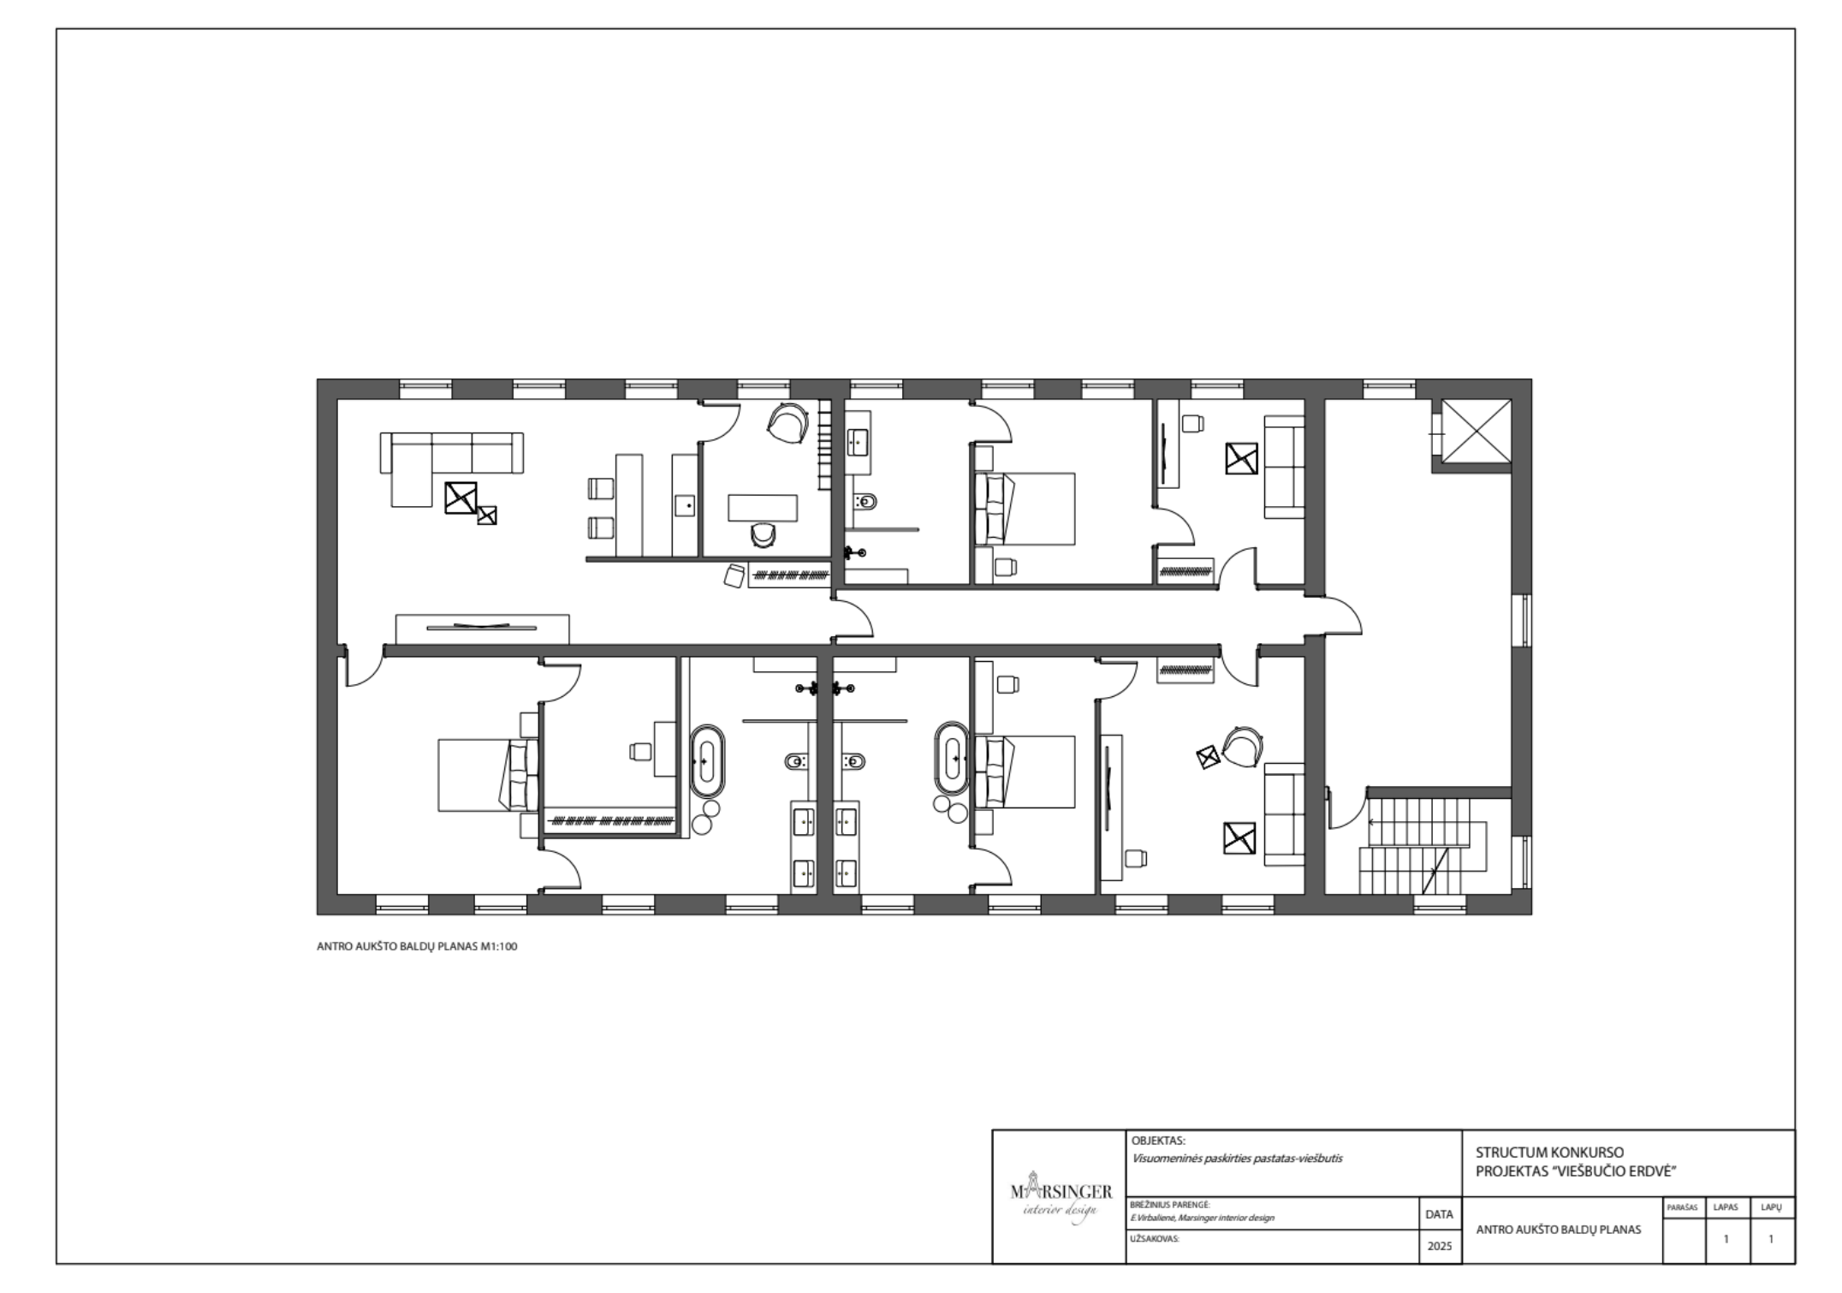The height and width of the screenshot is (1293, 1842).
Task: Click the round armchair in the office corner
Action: point(788,422)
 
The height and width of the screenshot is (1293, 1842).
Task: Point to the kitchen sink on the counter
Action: point(686,506)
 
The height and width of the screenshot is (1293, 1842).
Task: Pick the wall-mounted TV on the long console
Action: point(482,627)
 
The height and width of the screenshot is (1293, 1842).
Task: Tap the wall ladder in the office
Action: point(825,445)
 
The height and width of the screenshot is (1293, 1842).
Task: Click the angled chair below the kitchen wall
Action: point(734,575)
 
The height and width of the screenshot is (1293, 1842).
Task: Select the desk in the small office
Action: point(763,508)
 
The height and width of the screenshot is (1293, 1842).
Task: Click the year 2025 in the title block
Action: point(1440,1246)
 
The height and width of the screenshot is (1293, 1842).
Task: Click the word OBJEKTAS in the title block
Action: point(1158,1141)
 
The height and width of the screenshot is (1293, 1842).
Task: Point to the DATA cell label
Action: point(1440,1214)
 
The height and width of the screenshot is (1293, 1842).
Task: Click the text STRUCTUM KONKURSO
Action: point(1537,1153)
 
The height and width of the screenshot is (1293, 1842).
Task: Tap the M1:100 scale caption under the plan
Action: point(499,947)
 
